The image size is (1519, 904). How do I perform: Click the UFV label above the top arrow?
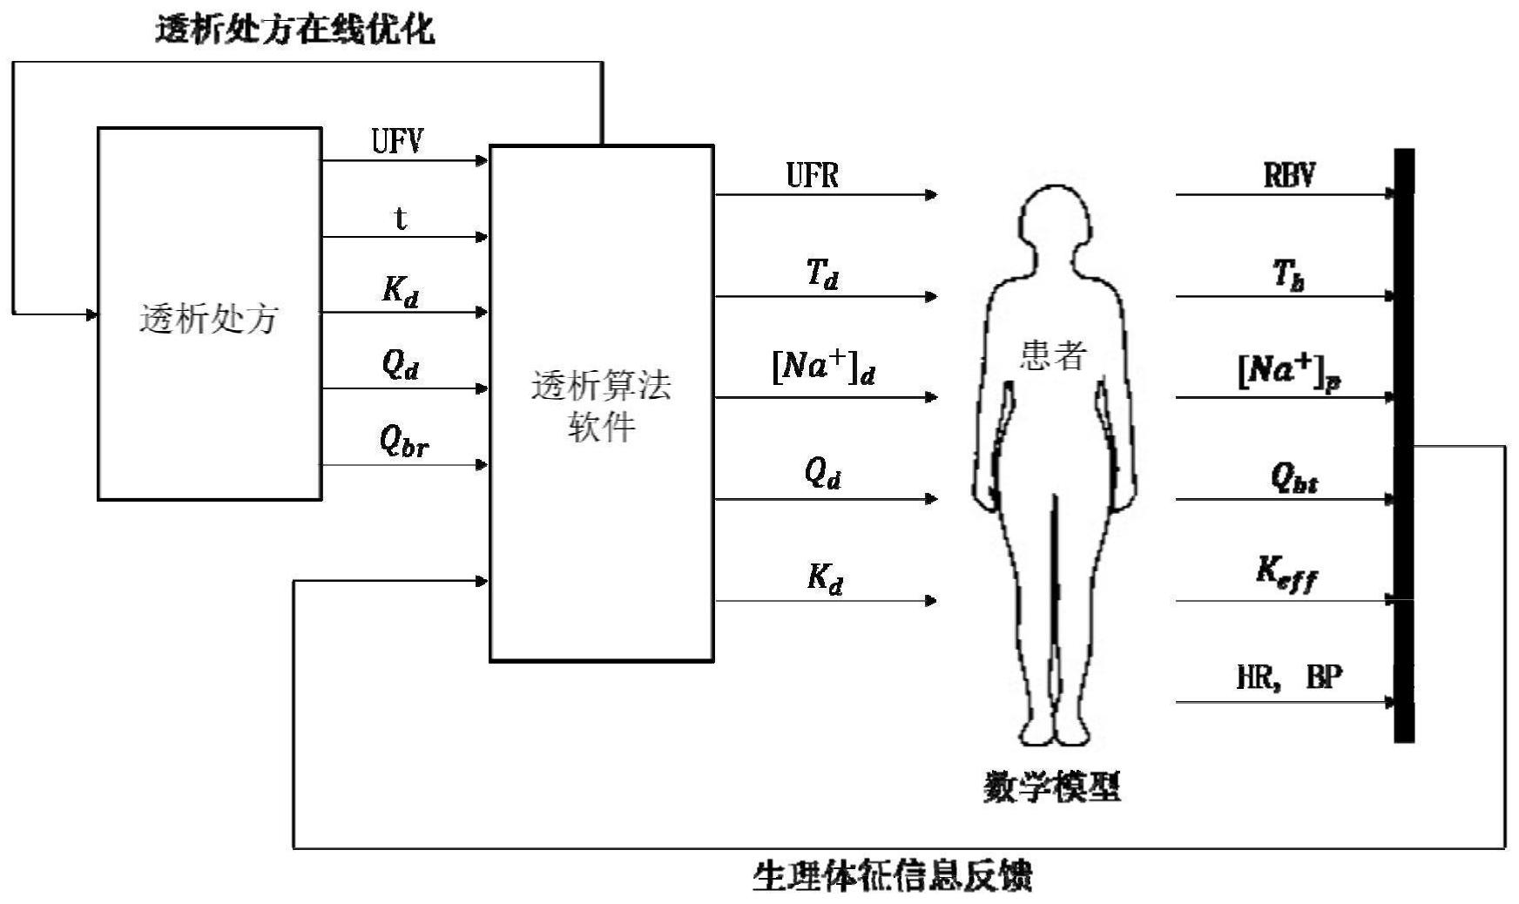(398, 141)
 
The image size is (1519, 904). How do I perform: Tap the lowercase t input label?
(401, 218)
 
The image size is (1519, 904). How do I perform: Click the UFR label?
(813, 176)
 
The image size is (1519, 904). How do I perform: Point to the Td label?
(822, 275)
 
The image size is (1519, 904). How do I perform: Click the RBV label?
(1289, 176)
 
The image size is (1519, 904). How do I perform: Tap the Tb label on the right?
(1289, 275)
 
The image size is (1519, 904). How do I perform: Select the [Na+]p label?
(1289, 373)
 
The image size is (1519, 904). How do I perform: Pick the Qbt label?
(1293, 478)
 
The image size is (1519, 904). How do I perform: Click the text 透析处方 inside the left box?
(209, 320)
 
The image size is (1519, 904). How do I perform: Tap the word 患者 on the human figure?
(1054, 355)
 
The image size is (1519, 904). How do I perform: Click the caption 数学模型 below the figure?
(1052, 787)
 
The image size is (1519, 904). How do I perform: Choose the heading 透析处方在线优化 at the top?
(295, 30)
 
